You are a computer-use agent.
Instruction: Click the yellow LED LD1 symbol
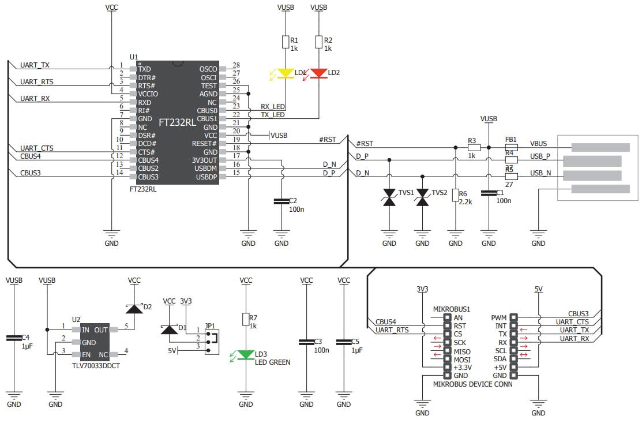(x=286, y=73)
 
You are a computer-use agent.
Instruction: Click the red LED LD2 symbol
(x=318, y=73)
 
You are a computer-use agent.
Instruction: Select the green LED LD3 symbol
(x=246, y=354)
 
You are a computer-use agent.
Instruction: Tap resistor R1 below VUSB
(x=286, y=42)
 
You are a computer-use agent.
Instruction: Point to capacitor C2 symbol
(x=281, y=201)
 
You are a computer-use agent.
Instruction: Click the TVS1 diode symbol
(x=389, y=197)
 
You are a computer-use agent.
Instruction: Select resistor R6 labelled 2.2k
(x=455, y=196)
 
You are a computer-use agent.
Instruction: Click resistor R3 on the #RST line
(x=472, y=147)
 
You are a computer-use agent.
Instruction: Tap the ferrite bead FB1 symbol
(x=510, y=147)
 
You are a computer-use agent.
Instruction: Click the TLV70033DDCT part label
(x=95, y=365)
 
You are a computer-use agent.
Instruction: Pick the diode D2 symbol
(x=134, y=309)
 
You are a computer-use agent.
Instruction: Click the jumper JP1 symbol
(x=212, y=338)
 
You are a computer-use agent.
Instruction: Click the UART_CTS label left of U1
(x=37, y=148)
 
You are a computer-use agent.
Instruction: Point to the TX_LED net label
(x=273, y=115)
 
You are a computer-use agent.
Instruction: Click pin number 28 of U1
(x=236, y=65)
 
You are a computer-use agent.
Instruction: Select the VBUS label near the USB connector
(x=539, y=144)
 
